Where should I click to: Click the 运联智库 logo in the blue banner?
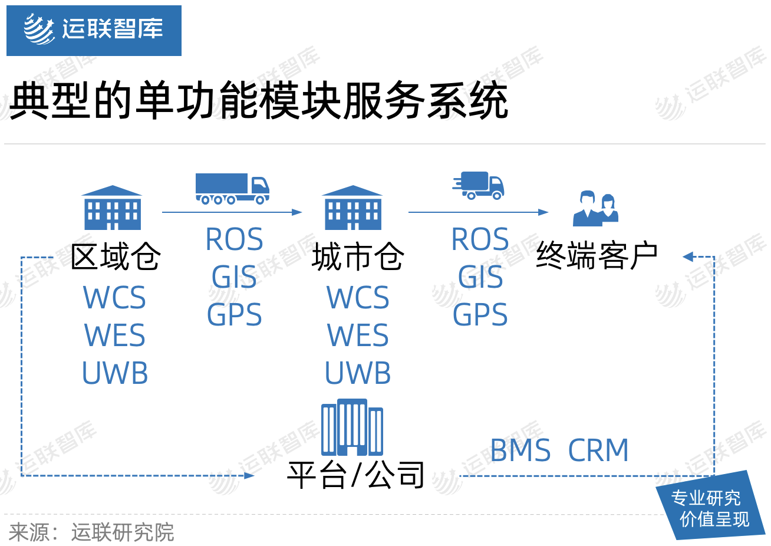coord(94,29)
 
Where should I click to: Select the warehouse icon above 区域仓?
coord(112,208)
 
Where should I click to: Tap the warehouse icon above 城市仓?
coord(353,208)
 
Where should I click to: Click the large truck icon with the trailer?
coord(232,189)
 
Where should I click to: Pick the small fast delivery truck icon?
coord(479,185)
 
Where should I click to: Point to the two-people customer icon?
coord(595,209)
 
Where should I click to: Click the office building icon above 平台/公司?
coord(352,427)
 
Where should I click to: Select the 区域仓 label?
coord(116,256)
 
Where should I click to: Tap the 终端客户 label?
coord(597,255)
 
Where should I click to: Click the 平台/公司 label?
coord(355,475)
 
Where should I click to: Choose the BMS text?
coord(520,450)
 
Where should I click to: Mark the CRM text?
coord(598,450)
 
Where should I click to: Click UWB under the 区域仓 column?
coord(115,373)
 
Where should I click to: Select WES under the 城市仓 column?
coord(358,335)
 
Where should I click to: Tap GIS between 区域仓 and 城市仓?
coord(234,277)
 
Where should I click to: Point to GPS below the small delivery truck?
coord(480,314)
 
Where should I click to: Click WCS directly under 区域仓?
coord(114,297)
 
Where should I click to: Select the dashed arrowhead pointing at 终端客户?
coord(688,257)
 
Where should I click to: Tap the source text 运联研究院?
coord(123,532)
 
